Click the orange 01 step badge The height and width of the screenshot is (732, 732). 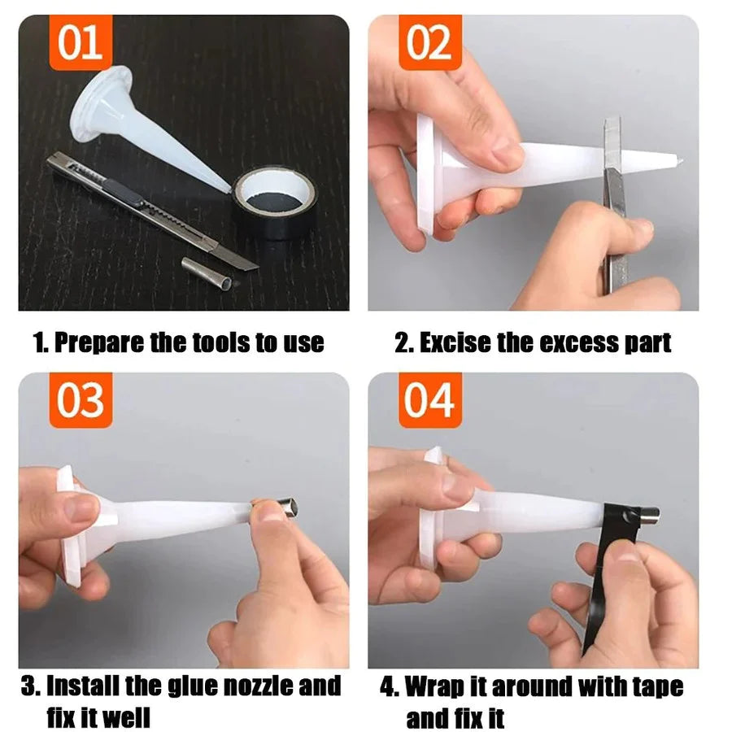pyautogui.click(x=81, y=42)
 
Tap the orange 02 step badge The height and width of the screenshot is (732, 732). pyautogui.click(x=429, y=42)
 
